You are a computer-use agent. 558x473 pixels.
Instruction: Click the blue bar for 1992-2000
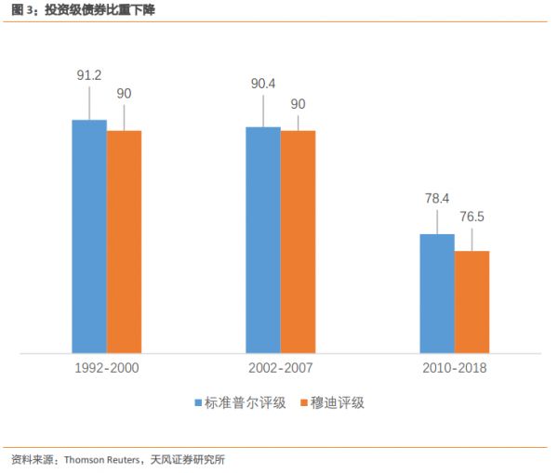(x=89, y=237)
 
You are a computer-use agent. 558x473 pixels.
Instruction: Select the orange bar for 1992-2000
(x=124, y=242)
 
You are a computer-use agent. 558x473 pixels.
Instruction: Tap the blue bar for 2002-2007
(x=263, y=240)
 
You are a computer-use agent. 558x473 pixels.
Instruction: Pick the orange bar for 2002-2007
(x=298, y=242)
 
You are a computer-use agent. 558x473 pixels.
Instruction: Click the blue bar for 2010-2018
(x=437, y=294)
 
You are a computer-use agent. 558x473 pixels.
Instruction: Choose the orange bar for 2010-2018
(x=472, y=302)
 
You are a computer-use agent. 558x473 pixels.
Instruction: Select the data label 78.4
(x=437, y=198)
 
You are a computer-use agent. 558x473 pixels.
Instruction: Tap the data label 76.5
(x=472, y=216)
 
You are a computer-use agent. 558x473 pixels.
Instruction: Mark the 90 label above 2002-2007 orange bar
(x=298, y=103)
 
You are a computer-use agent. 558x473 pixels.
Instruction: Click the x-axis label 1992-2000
(x=107, y=368)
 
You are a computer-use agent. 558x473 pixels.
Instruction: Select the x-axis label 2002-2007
(x=281, y=368)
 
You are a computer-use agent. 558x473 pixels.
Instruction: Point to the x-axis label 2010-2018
(x=455, y=368)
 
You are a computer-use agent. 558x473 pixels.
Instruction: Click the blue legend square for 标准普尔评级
(x=198, y=403)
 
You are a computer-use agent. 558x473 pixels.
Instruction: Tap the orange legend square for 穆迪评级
(x=304, y=403)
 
